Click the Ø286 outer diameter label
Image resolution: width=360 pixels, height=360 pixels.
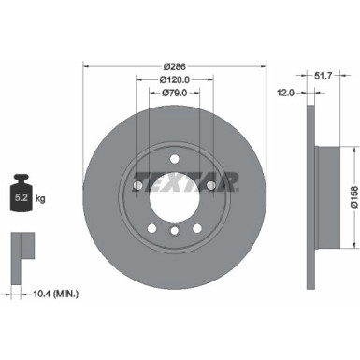click(x=175, y=67)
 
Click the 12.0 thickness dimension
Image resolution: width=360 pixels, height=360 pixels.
click(x=286, y=94)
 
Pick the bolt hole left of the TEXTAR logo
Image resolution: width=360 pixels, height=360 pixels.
click(x=138, y=185)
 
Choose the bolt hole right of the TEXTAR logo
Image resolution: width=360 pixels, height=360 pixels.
click(x=211, y=185)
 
